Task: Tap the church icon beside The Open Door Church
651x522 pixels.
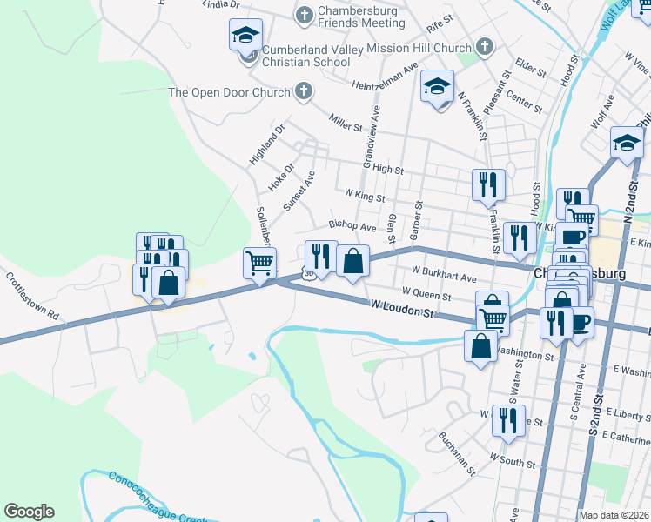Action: (303, 91)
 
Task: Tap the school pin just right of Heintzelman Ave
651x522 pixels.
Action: (437, 87)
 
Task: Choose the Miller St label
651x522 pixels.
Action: (345, 122)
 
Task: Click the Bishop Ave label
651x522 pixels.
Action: (352, 226)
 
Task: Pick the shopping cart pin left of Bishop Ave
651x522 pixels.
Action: (259, 263)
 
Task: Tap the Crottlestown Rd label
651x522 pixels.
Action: (31, 296)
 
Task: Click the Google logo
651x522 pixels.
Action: (29, 512)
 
